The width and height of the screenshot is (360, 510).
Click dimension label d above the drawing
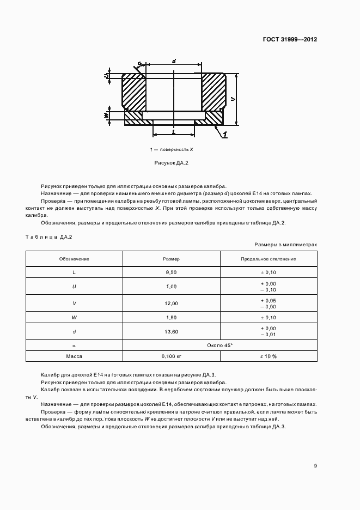coord(173,61)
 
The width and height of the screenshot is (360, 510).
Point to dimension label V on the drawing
coord(232,99)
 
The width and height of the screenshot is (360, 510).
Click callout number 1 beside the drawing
coord(225,134)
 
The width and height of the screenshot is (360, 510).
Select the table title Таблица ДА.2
coord(49,236)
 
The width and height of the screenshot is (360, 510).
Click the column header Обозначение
coord(74,259)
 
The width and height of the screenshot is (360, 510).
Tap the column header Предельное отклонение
coord(269,259)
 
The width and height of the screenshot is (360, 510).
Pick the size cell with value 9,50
coord(172,271)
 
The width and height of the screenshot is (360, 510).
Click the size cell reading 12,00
coord(172,303)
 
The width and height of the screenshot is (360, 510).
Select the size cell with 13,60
coord(172,331)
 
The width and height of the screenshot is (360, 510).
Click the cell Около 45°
coord(220,345)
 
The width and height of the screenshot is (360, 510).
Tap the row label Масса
coord(74,356)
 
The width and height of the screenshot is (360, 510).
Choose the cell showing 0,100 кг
coord(172,356)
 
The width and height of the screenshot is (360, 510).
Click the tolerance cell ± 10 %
coord(269,356)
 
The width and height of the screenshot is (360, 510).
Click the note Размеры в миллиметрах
coord(285,245)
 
